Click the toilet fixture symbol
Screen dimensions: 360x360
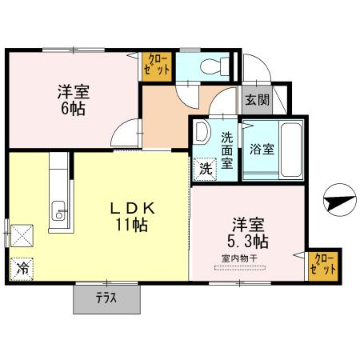tap(214, 66)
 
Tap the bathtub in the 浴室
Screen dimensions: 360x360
tap(291, 150)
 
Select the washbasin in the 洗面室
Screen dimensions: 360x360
tap(202, 131)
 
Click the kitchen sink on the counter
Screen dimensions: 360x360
tap(58, 210)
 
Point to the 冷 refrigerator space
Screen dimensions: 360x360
tap(22, 269)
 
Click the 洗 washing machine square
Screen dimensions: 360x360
tap(206, 169)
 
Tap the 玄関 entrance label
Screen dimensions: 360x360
tap(257, 100)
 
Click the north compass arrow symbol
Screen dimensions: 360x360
tap(340, 200)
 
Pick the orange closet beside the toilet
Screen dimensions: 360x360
tap(157, 66)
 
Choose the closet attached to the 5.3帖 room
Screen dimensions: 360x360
tap(323, 266)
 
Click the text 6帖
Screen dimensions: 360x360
tap(74, 109)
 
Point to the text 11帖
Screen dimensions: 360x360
tap(131, 225)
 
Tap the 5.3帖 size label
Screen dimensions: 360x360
tap(248, 242)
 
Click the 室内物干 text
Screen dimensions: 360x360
tap(239, 258)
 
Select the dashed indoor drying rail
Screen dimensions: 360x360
tap(240, 268)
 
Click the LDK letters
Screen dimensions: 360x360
tap(133, 208)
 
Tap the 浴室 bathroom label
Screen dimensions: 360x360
tap(262, 150)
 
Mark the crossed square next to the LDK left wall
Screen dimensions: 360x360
tap(22, 236)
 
